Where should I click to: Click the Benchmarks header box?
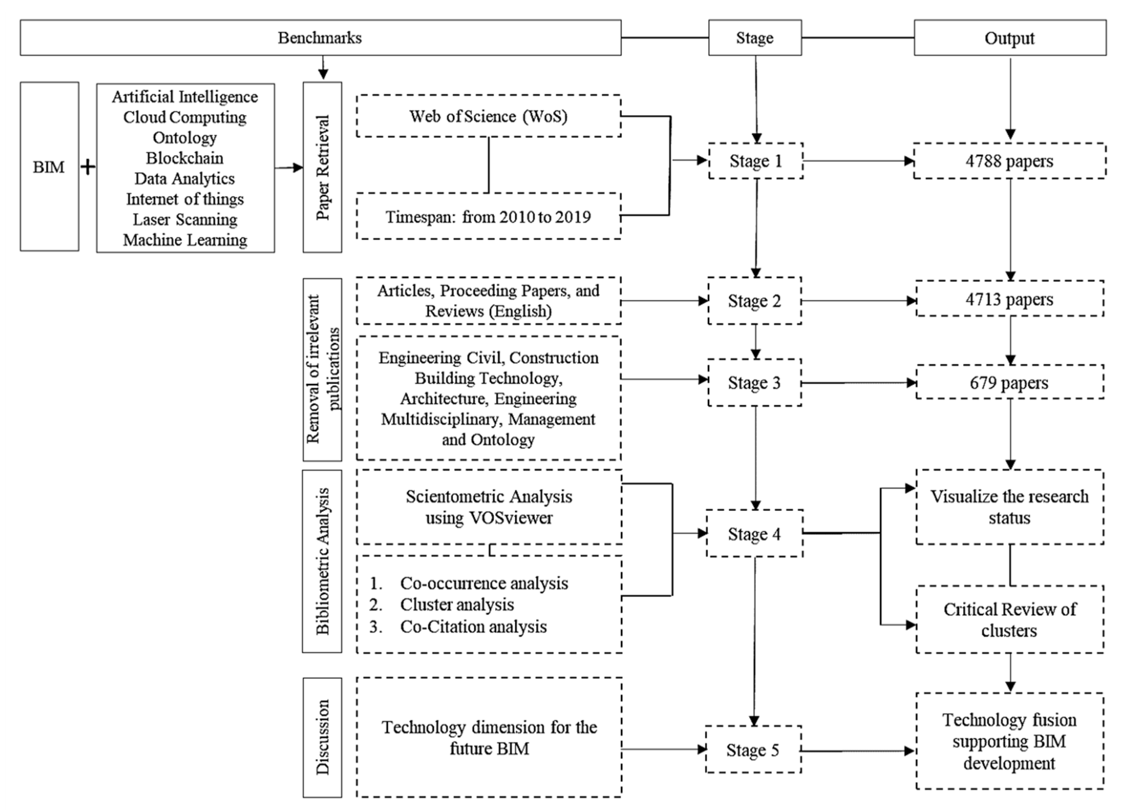click(320, 38)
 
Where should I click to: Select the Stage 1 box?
click(755, 161)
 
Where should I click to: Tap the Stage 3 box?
click(754, 383)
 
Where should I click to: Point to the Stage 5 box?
click(753, 750)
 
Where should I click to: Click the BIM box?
click(49, 167)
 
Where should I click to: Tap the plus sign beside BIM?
click(88, 167)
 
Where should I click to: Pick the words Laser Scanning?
click(185, 219)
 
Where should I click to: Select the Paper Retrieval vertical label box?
click(322, 167)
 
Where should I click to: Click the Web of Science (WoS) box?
click(488, 116)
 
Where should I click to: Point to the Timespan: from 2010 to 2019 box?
click(488, 217)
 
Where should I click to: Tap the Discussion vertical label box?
click(322, 737)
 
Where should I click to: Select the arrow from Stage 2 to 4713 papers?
click(858, 300)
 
